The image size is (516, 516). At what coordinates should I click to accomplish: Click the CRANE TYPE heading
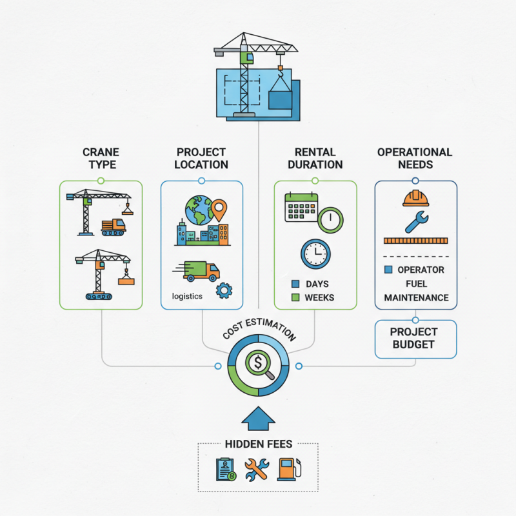[101, 158]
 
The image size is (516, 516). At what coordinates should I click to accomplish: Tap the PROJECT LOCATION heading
[201, 158]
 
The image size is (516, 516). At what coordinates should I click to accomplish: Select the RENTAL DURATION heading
[315, 158]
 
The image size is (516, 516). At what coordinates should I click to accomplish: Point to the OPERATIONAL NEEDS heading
[415, 158]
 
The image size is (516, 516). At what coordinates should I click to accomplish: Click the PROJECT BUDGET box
[415, 338]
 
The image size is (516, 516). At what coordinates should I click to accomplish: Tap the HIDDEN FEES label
[258, 444]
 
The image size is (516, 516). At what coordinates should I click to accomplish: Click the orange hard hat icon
[416, 197]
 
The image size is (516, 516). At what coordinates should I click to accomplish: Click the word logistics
[187, 296]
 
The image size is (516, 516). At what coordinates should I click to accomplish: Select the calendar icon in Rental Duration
[303, 207]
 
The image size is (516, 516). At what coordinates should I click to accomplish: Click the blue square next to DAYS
[296, 284]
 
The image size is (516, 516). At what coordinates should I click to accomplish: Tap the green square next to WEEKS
[296, 297]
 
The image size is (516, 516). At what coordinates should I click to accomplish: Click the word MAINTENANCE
[416, 297]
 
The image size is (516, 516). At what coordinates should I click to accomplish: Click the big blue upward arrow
[258, 419]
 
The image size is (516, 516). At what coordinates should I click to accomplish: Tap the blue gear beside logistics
[224, 290]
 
